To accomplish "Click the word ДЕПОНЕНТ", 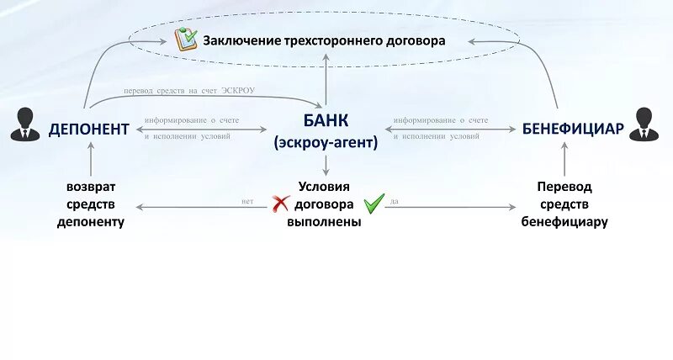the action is (88, 130).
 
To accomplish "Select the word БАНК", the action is (326, 122).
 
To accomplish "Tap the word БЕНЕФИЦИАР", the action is (573, 129).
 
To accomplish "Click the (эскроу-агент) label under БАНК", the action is (326, 144).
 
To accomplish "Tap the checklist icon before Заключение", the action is (185, 39).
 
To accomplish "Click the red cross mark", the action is (280, 204).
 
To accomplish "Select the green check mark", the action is (374, 203).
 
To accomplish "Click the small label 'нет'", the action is (247, 202).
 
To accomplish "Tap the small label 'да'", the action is (395, 202).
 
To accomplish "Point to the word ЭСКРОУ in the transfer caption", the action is (238, 91).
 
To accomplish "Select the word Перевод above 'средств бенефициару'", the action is (564, 187).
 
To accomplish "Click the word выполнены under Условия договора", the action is (324, 222).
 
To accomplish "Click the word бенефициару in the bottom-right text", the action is (564, 222).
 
